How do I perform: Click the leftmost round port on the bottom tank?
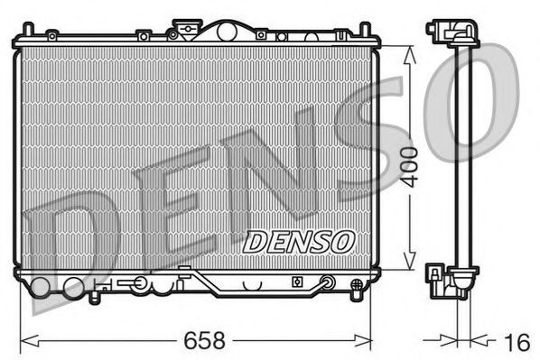click(x=39, y=288)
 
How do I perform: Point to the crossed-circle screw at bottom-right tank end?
click(x=328, y=284)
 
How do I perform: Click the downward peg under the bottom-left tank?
click(x=94, y=294)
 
